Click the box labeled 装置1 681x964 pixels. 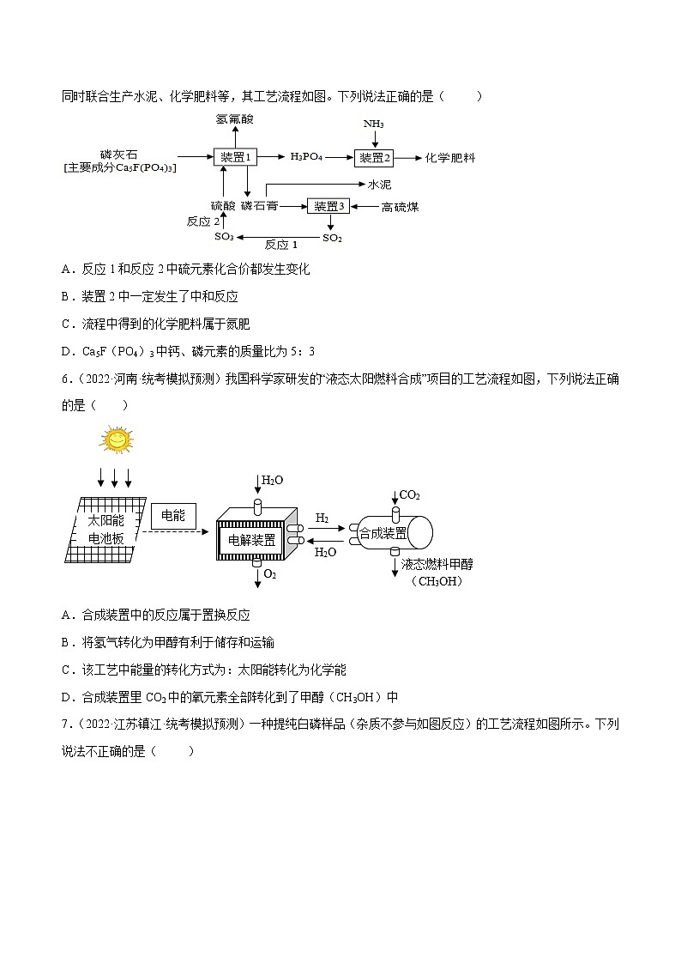(x=235, y=158)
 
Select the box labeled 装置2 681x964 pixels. (x=373, y=158)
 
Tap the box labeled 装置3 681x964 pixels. (x=328, y=206)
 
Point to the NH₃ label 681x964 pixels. (x=373, y=124)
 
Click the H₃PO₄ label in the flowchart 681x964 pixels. (x=306, y=158)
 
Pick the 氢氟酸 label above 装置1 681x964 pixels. (x=235, y=119)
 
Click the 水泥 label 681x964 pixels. (x=379, y=184)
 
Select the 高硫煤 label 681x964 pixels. (x=400, y=206)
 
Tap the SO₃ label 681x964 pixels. (x=224, y=237)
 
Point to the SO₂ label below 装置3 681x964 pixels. (x=332, y=237)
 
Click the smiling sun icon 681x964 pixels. (x=114, y=440)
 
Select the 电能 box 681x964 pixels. (x=173, y=516)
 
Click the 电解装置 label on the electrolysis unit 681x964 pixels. (x=252, y=540)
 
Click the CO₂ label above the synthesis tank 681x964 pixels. (x=410, y=495)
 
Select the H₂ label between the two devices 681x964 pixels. (x=322, y=518)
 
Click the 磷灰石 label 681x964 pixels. (x=118, y=154)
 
